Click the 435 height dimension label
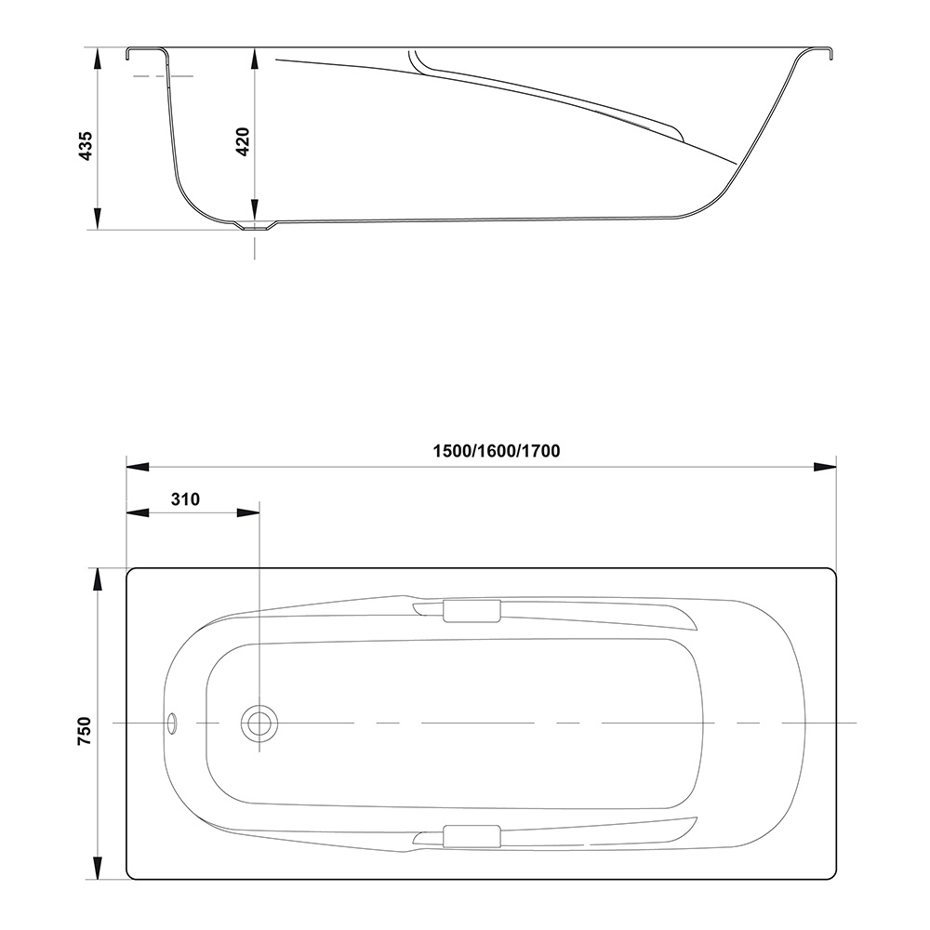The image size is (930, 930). pyautogui.click(x=86, y=146)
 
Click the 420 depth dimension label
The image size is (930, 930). pyautogui.click(x=243, y=141)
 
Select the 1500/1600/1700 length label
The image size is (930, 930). pyautogui.click(x=497, y=451)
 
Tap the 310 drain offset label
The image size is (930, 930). pyautogui.click(x=186, y=499)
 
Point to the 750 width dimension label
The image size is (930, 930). pyautogui.click(x=85, y=731)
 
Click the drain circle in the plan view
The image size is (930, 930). pyautogui.click(x=259, y=724)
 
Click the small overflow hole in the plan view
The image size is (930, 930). pyautogui.click(x=173, y=723)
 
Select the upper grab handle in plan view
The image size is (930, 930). pyautogui.click(x=472, y=611)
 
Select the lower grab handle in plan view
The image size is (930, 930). pyautogui.click(x=472, y=836)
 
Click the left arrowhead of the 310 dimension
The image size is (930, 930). pyautogui.click(x=138, y=512)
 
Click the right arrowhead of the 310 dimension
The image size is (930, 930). pyautogui.click(x=248, y=512)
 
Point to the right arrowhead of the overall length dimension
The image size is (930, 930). pyautogui.click(x=824, y=468)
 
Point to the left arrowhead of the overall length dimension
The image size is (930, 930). pyautogui.click(x=138, y=468)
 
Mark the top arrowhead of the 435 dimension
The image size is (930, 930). pyautogui.click(x=99, y=59)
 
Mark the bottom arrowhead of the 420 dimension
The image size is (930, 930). pyautogui.click(x=255, y=208)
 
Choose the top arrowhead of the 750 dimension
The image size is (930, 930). pyautogui.click(x=98, y=579)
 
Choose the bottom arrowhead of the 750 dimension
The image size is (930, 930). pyautogui.click(x=98, y=869)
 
